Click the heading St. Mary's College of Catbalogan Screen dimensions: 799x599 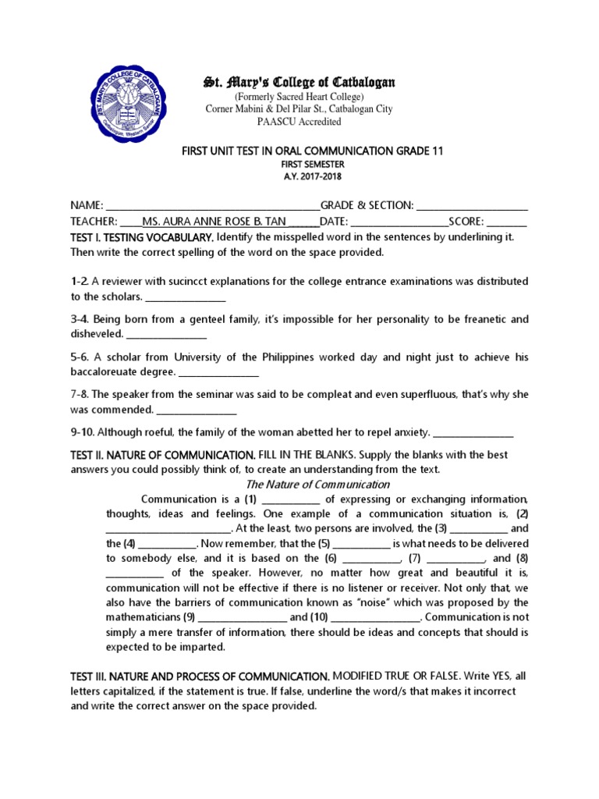299,82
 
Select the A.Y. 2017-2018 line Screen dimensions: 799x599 301,176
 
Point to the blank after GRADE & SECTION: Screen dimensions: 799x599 473,206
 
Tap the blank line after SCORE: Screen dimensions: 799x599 508,221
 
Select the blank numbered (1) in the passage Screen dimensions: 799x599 292,500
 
